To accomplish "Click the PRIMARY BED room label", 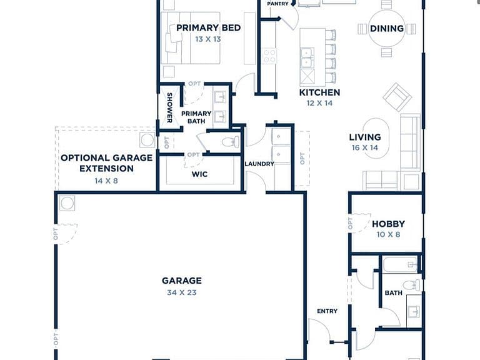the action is [208, 28].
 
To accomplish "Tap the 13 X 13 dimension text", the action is [208, 39].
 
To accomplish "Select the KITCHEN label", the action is [319, 92].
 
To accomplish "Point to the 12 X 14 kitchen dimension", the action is [319, 103].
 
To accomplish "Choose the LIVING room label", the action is [365, 137].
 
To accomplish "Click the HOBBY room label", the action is [389, 224].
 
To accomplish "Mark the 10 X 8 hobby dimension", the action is [389, 234].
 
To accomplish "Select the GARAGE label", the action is [182, 281].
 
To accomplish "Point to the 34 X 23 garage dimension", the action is [182, 292].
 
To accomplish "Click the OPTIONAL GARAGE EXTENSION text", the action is [106, 163].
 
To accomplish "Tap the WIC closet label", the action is [199, 174].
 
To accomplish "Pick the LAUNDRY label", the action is [259, 164].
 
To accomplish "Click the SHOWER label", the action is [169, 107].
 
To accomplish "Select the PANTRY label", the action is [278, 4].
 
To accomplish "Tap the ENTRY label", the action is [327, 311].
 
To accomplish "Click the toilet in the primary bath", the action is [231, 142].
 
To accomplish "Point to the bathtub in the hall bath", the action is [400, 264].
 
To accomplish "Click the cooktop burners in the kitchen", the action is [269, 56].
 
